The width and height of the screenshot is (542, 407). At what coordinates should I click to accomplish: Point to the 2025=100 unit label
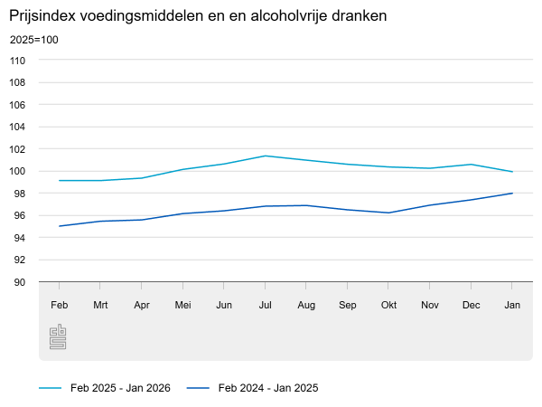click(33, 41)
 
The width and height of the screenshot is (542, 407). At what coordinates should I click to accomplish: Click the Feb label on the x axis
click(60, 305)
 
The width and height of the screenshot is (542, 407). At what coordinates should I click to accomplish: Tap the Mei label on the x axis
click(182, 305)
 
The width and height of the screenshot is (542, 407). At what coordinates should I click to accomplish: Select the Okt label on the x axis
click(388, 305)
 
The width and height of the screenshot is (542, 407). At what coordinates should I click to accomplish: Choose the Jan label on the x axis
click(512, 305)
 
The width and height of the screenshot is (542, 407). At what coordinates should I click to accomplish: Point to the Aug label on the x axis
click(306, 305)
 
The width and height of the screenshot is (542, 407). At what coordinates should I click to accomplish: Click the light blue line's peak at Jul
click(265, 156)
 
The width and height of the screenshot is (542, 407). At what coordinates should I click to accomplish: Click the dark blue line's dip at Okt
click(388, 213)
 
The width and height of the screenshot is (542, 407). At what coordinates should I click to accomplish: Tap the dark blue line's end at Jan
click(512, 193)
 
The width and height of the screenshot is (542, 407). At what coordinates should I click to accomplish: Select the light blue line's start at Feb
click(60, 181)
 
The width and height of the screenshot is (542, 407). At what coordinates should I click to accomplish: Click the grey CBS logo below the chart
click(58, 338)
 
